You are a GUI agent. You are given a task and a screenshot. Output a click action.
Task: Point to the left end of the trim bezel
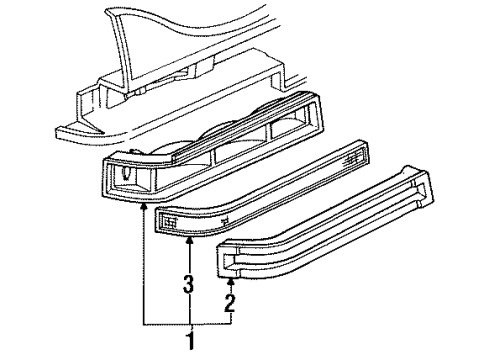point(228,263)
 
